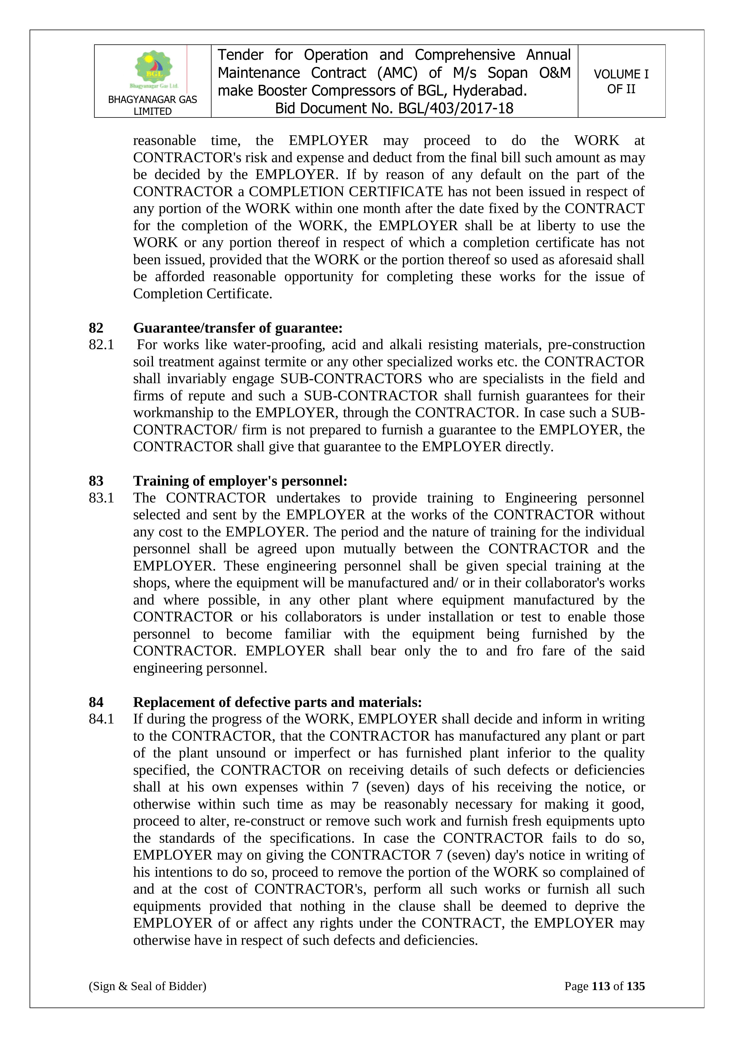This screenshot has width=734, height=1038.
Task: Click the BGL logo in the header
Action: coord(154,70)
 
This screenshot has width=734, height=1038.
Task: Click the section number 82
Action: coord(96,328)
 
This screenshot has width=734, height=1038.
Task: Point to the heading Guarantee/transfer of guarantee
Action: coord(238,328)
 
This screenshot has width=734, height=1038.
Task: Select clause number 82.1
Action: coord(101,345)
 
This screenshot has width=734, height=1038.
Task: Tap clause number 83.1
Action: coord(101,498)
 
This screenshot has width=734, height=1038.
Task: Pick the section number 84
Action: coord(96,702)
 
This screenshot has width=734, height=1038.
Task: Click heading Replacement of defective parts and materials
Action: coord(278,702)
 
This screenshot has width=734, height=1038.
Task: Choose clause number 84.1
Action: coord(101,719)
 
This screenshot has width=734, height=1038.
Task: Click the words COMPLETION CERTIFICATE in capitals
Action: coord(346,192)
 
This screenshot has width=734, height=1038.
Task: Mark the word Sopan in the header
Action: coord(507,73)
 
